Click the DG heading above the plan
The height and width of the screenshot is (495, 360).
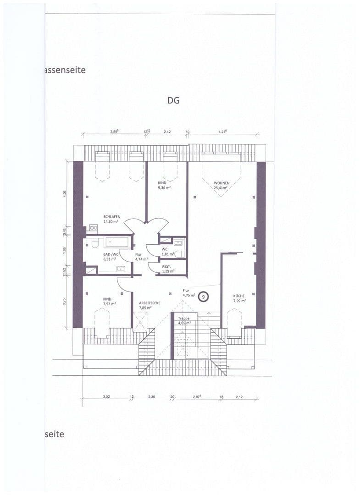click(x=173, y=100)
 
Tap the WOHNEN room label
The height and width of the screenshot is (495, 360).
click(x=222, y=182)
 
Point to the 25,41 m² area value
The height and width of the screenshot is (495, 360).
click(x=222, y=187)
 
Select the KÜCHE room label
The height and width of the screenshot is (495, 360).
click(x=238, y=296)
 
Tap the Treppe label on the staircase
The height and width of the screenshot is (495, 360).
click(x=184, y=318)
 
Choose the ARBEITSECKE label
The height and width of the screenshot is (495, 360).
click(x=150, y=303)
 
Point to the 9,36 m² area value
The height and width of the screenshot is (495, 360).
click(x=165, y=187)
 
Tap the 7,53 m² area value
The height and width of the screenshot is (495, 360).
click(x=109, y=303)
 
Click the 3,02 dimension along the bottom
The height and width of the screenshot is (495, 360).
click(x=106, y=396)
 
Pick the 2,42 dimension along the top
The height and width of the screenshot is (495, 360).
click(x=167, y=132)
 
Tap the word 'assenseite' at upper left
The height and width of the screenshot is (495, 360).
click(x=65, y=70)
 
